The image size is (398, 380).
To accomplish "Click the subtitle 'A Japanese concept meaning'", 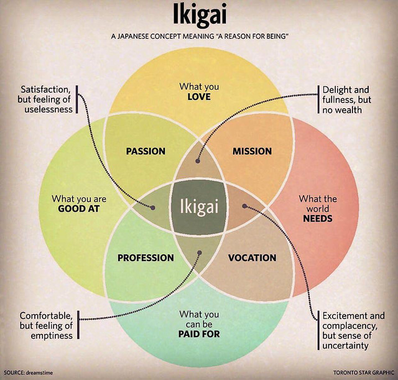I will [x=199, y=37].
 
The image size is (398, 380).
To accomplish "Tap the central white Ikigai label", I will [x=199, y=206].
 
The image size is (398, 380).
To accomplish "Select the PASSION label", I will [x=146, y=151].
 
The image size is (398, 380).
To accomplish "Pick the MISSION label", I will [x=252, y=151].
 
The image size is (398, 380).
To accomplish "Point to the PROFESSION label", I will [x=146, y=257].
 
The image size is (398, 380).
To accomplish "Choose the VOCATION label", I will [x=252, y=257].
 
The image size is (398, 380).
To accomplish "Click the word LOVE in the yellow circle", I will [x=199, y=97].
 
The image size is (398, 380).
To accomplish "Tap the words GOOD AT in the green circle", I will [x=79, y=209].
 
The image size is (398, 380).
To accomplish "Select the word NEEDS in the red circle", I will [x=318, y=219].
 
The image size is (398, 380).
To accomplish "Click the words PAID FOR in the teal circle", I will [x=199, y=334].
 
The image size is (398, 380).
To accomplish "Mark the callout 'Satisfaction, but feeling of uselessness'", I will [x=46, y=100].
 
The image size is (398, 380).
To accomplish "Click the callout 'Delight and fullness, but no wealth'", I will [x=346, y=100].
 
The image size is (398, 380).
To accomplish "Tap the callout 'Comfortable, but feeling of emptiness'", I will [x=46, y=325].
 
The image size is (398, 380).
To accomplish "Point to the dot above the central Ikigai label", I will [x=197, y=161].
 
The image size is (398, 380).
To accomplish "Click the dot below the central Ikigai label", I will [x=200, y=253].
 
